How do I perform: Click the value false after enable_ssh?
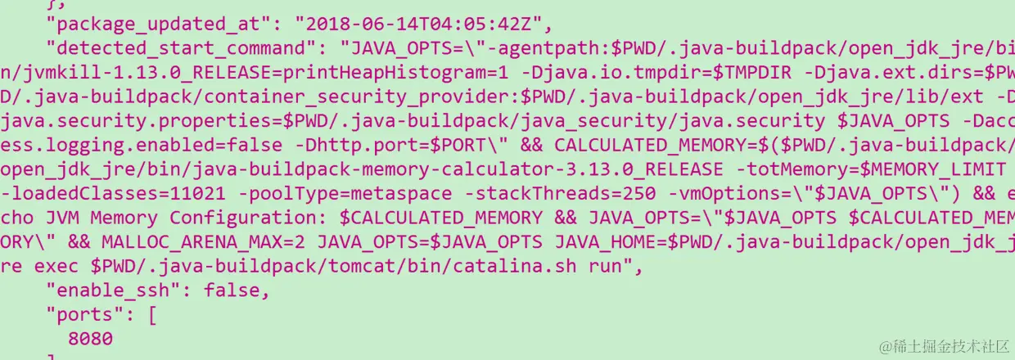(237, 290)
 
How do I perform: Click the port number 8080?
(91, 339)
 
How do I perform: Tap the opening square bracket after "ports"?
(152, 314)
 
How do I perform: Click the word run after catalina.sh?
(606, 267)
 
